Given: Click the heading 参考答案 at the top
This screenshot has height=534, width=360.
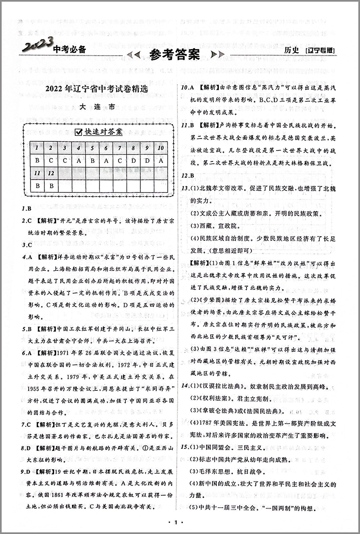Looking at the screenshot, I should [x=175, y=55].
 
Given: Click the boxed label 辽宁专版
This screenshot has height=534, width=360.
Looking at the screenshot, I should [x=321, y=52].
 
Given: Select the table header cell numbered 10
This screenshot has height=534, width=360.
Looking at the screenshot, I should [x=160, y=148].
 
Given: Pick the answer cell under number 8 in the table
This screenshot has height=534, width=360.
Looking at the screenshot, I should [x=133, y=160].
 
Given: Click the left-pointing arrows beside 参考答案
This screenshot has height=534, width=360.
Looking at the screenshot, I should [x=133, y=55].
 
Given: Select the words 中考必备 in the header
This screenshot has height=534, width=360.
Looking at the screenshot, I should [x=69, y=50].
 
